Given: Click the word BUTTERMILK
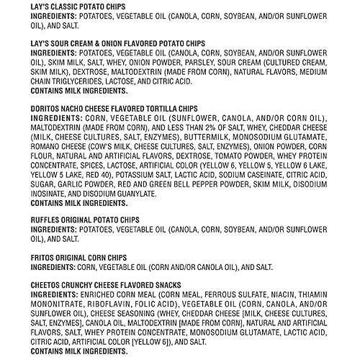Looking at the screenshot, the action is pyautogui.click(x=157, y=137).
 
